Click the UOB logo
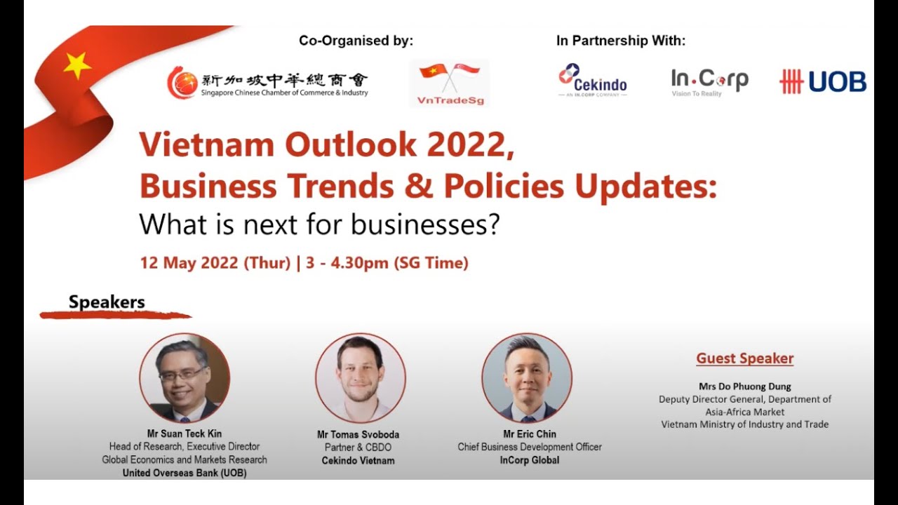(x=823, y=82)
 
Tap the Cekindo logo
(x=593, y=80)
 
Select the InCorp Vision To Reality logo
(x=709, y=82)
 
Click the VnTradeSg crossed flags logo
(x=449, y=83)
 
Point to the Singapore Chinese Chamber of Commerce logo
(x=267, y=82)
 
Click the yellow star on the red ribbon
(x=77, y=65)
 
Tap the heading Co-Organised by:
(x=356, y=41)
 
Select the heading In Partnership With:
(x=621, y=41)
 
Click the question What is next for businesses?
(x=319, y=224)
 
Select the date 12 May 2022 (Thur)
(x=215, y=263)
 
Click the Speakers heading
(x=107, y=302)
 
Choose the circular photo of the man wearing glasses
(x=185, y=377)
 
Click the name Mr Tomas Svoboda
(x=358, y=434)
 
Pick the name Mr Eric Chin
(x=530, y=433)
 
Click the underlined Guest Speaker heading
(x=744, y=358)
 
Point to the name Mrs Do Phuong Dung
(x=744, y=386)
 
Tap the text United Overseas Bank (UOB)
(x=185, y=473)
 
